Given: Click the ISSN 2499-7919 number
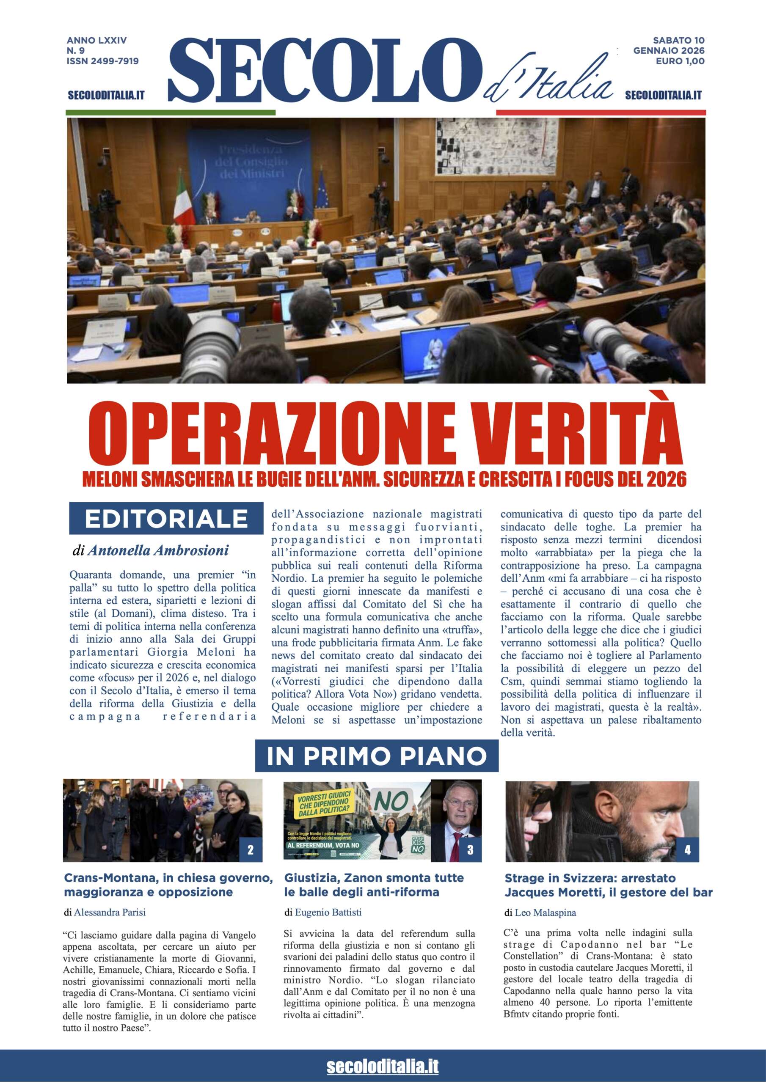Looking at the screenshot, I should (102, 61).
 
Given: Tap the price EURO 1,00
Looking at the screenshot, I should (680, 61).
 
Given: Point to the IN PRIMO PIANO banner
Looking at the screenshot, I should (377, 756).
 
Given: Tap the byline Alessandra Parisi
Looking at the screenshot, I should (109, 912).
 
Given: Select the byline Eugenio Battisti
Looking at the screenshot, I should (328, 912).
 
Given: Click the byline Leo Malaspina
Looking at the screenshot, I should (545, 913).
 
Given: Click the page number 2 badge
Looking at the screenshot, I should (251, 850).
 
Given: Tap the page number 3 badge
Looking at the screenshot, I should (470, 850).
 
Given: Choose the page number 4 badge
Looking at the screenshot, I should (687, 850).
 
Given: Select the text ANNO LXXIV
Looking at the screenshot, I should (97, 41).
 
